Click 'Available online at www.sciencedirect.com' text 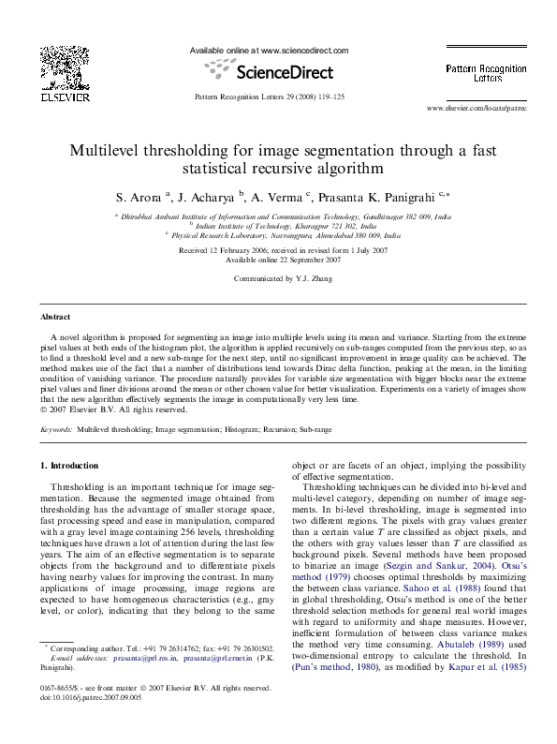269,51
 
